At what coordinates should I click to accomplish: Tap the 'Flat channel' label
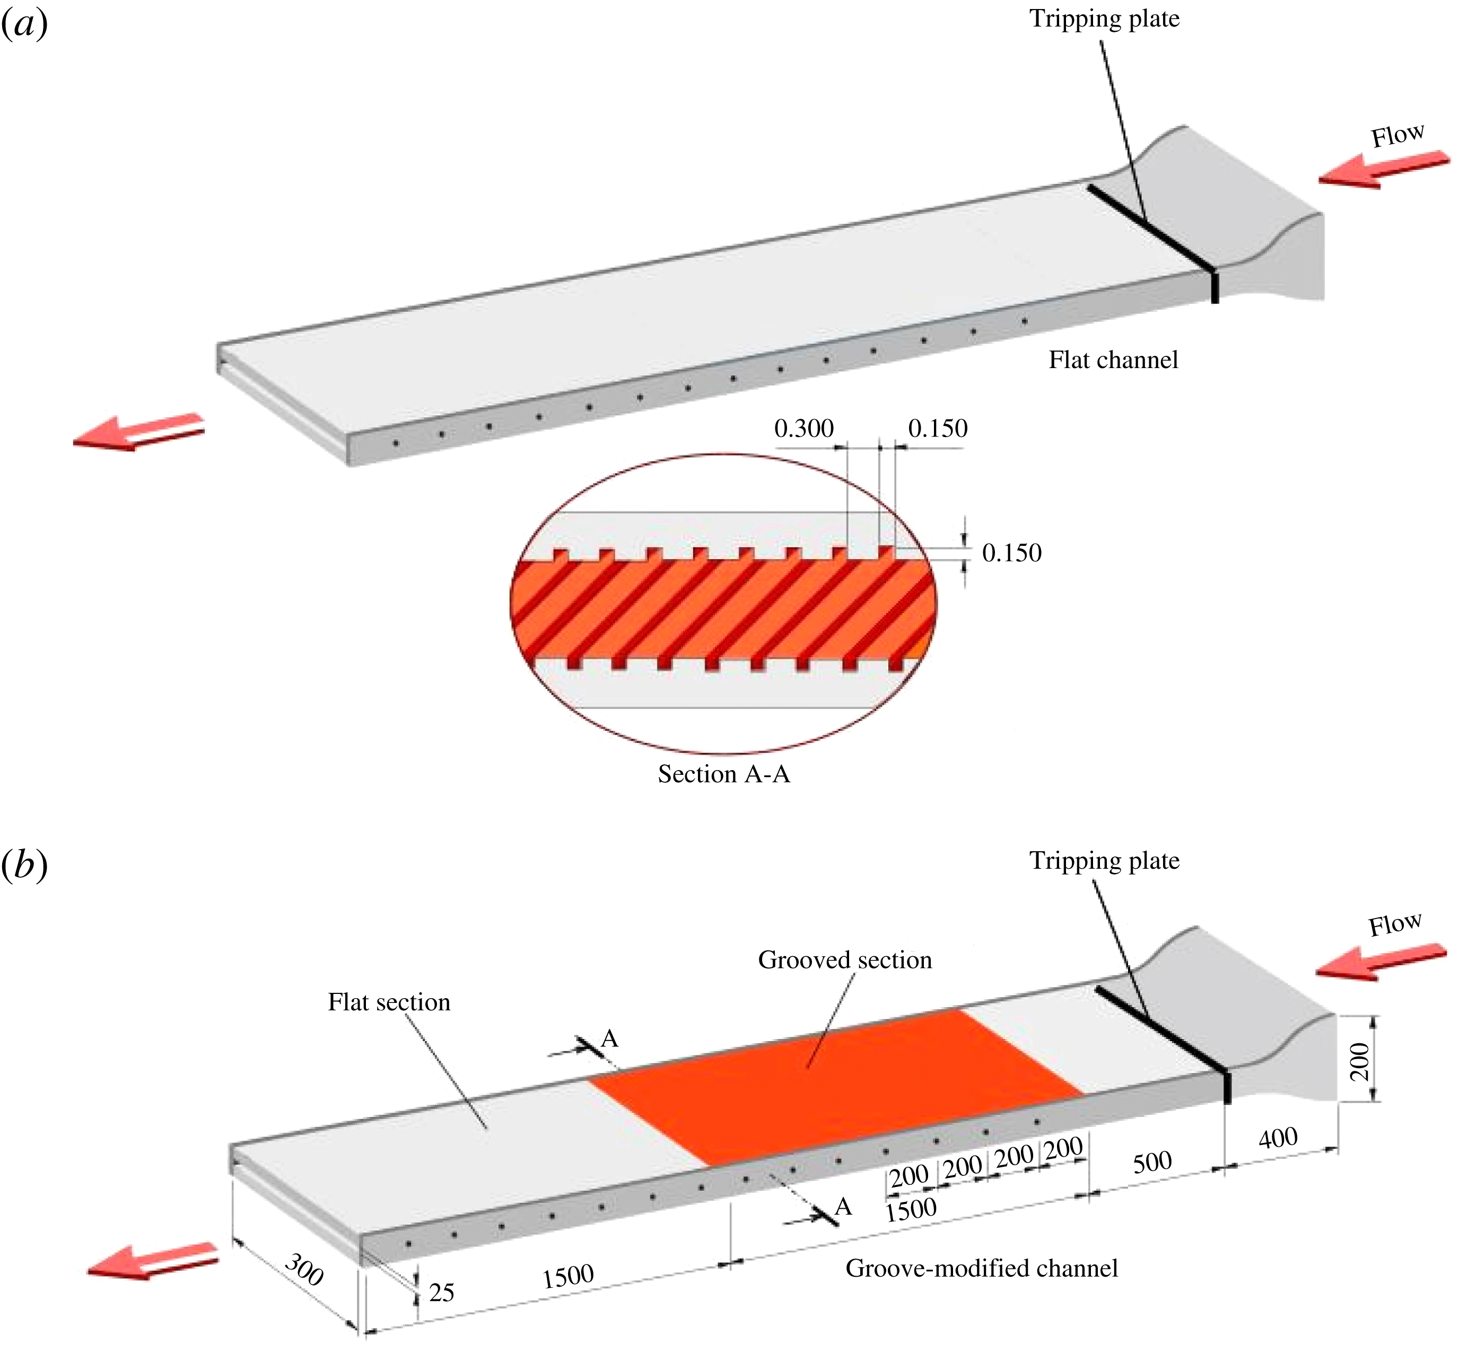[1113, 360]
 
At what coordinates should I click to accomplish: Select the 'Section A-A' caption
[723, 774]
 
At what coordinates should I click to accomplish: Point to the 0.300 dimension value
[803, 428]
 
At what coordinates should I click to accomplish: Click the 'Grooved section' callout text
[844, 960]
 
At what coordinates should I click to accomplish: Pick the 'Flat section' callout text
[389, 1002]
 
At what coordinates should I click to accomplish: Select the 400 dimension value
[1278, 1137]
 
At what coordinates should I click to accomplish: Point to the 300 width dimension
[303, 1270]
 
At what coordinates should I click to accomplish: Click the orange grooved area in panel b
[837, 1085]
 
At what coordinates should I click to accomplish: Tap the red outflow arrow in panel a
[138, 432]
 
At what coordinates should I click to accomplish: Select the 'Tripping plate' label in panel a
[1104, 19]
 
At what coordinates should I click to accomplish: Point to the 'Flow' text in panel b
[1394, 924]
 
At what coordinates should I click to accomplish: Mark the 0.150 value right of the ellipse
[1011, 553]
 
